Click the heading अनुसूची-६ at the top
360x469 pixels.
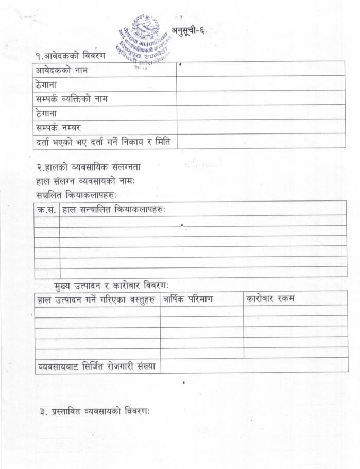(x=188, y=30)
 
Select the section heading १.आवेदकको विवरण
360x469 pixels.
(x=70, y=55)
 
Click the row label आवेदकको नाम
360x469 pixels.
(x=61, y=70)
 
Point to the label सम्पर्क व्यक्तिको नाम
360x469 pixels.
(x=72, y=98)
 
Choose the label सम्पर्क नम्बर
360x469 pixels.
(x=58, y=127)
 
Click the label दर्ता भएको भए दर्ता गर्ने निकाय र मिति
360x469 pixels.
(x=103, y=141)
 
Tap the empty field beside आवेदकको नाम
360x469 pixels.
(x=260, y=69)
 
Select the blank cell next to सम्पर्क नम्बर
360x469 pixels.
(x=260, y=126)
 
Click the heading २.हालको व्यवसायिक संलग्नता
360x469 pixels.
(x=88, y=167)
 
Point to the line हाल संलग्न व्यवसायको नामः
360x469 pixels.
(x=85, y=181)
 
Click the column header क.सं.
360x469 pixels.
(x=47, y=209)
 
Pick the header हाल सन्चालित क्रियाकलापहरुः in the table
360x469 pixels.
(x=114, y=209)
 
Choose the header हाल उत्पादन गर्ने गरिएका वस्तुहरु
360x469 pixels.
(x=97, y=299)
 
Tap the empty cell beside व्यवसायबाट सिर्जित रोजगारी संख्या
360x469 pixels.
(x=253, y=365)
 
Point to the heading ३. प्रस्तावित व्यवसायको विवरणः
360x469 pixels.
(x=94, y=412)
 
